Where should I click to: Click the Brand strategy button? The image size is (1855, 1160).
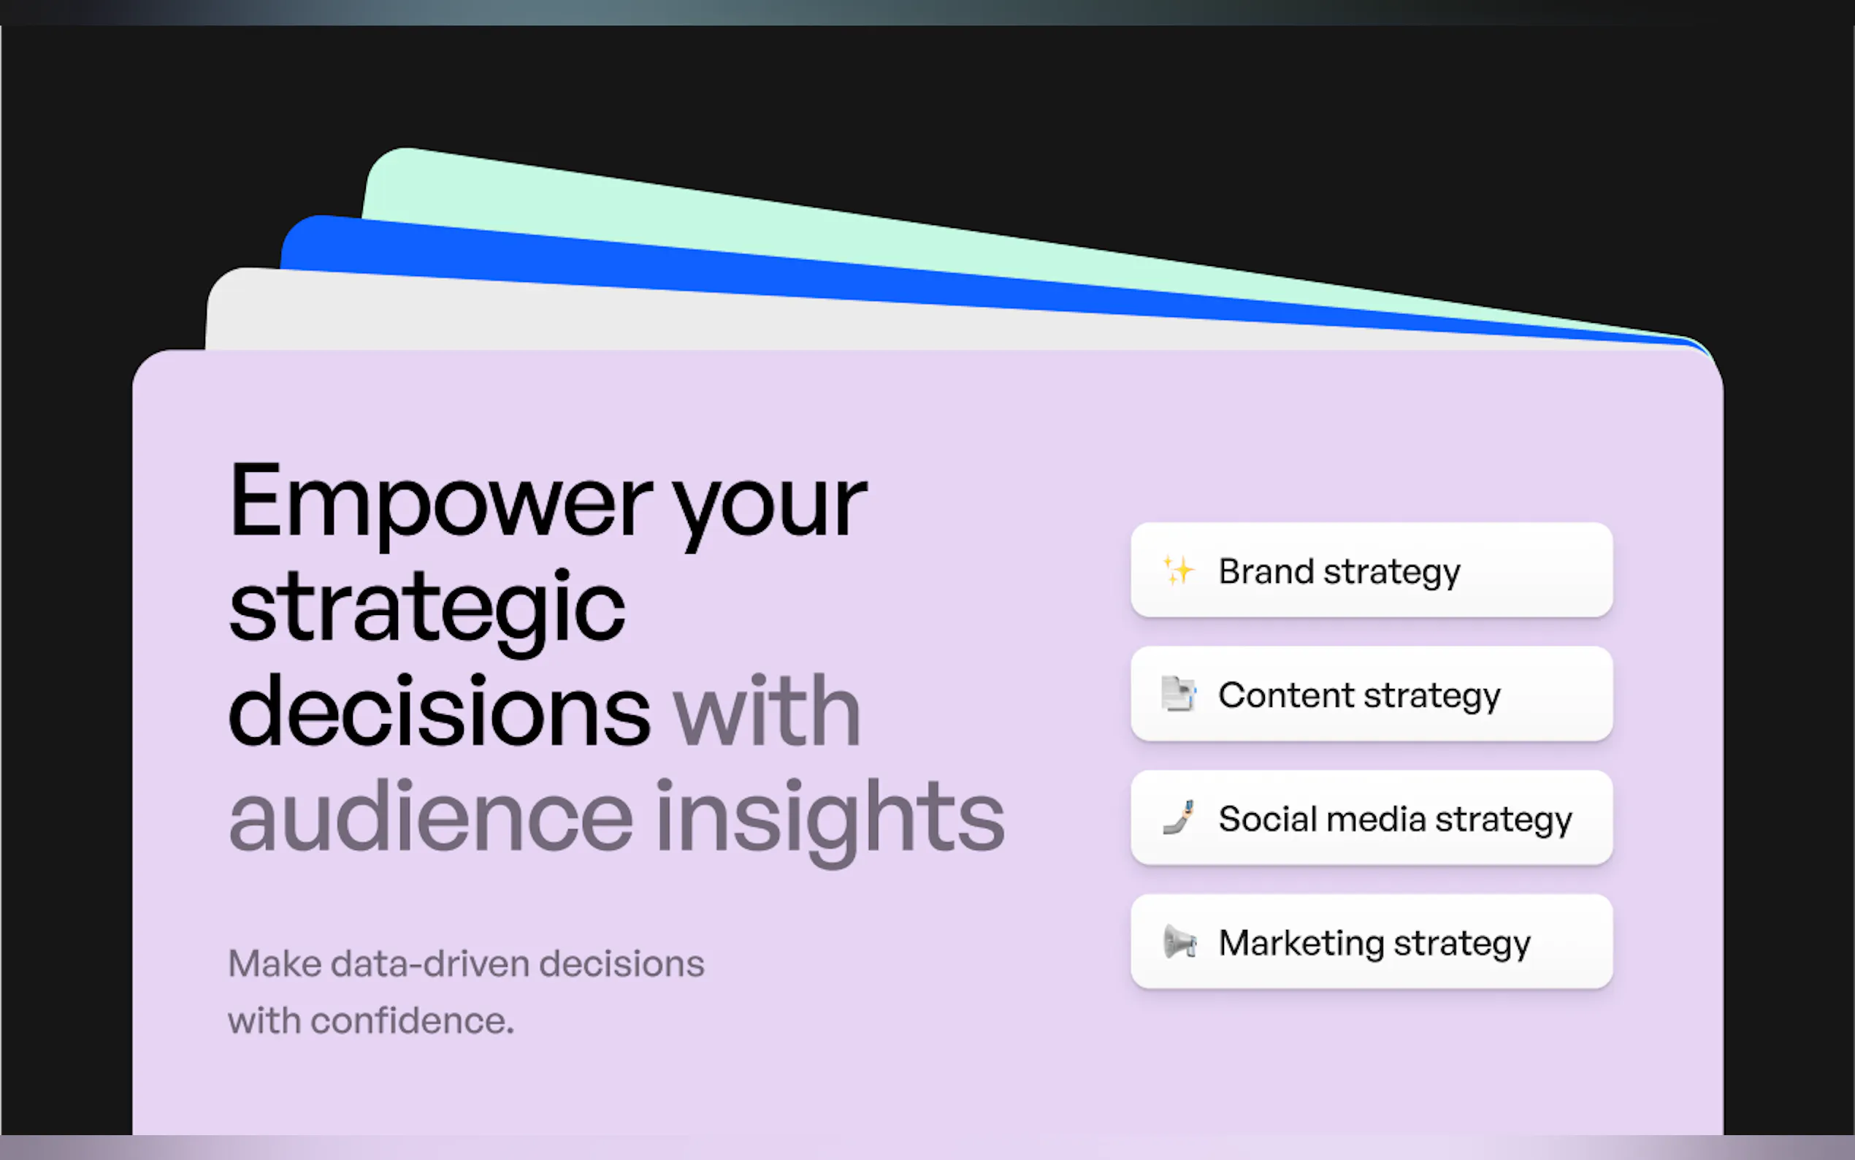1371,570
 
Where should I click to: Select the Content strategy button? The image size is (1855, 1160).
1371,693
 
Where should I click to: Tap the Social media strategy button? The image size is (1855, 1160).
1371,818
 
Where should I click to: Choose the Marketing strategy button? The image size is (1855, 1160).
1371,942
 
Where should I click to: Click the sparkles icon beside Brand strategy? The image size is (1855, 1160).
1178,570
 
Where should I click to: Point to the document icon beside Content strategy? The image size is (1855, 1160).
1179,693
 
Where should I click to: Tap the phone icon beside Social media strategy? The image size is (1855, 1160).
1179,817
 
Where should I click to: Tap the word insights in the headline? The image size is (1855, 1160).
830,821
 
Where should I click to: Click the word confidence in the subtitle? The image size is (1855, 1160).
412,1021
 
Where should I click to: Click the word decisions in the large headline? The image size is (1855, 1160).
440,711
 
